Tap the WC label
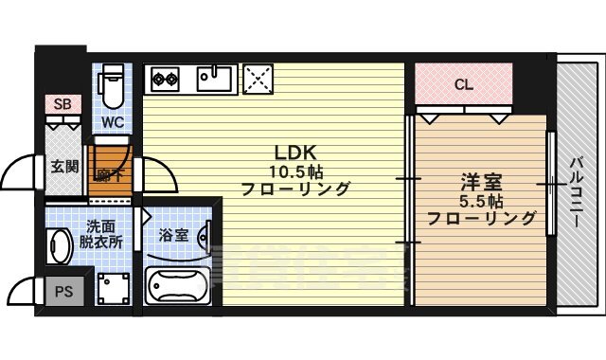(112, 121)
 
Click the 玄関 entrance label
(64, 167)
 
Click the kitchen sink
(217, 78)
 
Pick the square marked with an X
(258, 78)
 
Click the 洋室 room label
(481, 180)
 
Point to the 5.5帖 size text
(481, 200)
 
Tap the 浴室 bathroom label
(172, 234)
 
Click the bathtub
(177, 284)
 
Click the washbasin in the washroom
(59, 246)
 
